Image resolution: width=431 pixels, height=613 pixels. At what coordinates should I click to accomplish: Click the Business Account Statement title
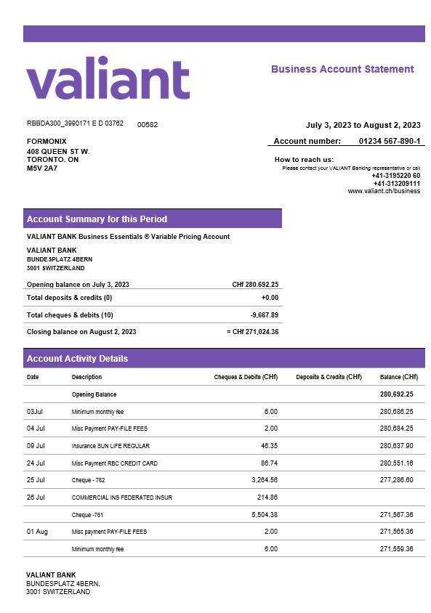pos(342,70)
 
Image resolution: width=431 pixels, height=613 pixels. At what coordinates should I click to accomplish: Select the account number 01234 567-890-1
pos(389,141)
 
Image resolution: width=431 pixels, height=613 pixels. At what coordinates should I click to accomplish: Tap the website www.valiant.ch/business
pos(384,191)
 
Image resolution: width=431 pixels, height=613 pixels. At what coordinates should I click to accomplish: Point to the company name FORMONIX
pos(47,141)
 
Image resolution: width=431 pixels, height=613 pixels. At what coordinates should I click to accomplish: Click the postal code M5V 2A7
pos(41,168)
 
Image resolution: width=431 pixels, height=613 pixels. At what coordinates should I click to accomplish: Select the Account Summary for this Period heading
pos(97,219)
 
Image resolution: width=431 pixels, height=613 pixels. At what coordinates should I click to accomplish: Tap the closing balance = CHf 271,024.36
pos(252,332)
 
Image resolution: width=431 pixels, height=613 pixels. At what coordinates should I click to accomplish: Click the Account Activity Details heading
pos(77,359)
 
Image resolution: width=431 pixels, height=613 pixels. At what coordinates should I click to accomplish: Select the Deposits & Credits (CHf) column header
pos(329,377)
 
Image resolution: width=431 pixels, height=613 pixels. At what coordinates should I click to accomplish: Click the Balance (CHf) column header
pos(398,377)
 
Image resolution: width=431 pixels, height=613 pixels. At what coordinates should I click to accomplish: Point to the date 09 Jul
pos(36,446)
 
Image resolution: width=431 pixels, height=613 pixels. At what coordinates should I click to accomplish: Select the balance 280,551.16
pos(396,463)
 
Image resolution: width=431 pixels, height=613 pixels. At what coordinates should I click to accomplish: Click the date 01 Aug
pos(37,532)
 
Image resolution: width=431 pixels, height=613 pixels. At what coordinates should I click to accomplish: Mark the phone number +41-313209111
pos(396,184)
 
